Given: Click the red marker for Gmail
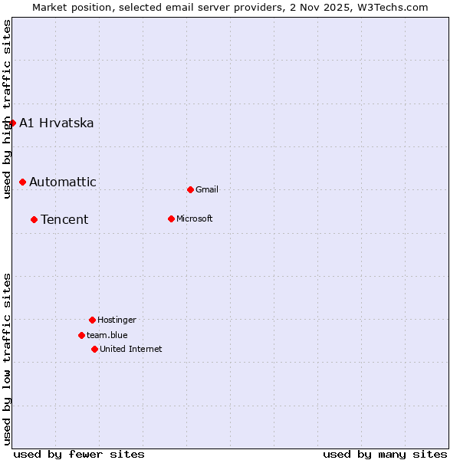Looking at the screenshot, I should [190, 189].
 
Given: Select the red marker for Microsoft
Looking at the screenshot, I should [171, 219].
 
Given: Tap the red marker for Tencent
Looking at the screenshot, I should [34, 219].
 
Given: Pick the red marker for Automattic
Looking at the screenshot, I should [22, 182].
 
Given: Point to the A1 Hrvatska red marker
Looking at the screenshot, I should [12, 123].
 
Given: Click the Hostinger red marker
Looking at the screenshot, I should [92, 320].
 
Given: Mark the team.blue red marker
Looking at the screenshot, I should [81, 335].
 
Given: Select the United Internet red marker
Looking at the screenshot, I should [94, 349].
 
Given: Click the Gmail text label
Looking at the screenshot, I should [207, 189].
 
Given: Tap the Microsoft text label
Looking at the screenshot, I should [195, 219].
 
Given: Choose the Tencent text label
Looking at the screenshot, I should [64, 219].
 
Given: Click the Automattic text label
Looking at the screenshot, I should [63, 182].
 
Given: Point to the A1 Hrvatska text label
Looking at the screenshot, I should [57, 123].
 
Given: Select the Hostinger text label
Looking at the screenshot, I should [117, 320].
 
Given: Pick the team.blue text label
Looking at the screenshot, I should [107, 335].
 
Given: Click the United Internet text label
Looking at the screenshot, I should [131, 349].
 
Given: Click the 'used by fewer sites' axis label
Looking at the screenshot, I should [79, 454].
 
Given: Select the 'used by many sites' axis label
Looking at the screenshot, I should [385, 454].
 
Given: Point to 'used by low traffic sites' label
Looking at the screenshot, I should [7, 358].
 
